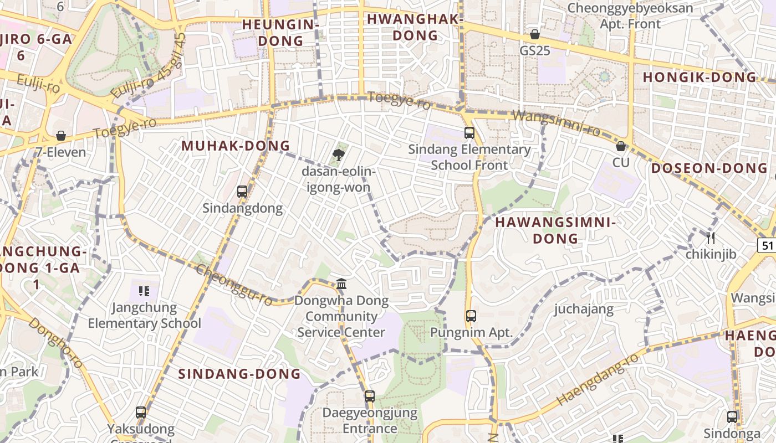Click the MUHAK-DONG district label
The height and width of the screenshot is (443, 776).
click(x=236, y=146)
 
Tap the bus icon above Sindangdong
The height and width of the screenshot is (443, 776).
click(x=242, y=192)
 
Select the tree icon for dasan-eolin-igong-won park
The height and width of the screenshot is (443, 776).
click(x=338, y=154)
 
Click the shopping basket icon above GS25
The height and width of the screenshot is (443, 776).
click(x=535, y=34)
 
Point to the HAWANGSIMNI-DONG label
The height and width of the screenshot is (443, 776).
click(x=555, y=230)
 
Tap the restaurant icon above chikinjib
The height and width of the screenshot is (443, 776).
click(x=711, y=238)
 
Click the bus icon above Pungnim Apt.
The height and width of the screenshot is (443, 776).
click(x=471, y=316)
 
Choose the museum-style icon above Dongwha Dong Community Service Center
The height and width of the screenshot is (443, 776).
click(x=341, y=284)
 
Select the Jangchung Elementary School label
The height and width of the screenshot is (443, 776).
click(x=145, y=316)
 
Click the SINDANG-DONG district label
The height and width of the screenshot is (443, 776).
click(x=239, y=374)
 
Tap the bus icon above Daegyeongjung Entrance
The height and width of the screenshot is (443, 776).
click(x=370, y=396)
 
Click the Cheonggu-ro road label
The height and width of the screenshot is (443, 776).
click(x=234, y=285)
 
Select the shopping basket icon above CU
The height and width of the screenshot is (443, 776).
click(x=621, y=146)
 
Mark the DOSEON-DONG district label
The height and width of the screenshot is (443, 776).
click(x=709, y=168)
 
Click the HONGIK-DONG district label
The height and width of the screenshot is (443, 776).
click(x=700, y=78)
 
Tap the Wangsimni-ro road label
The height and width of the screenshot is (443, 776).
click(x=557, y=123)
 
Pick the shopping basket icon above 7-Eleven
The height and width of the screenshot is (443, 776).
click(x=61, y=136)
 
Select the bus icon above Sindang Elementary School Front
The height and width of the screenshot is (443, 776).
click(x=469, y=133)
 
